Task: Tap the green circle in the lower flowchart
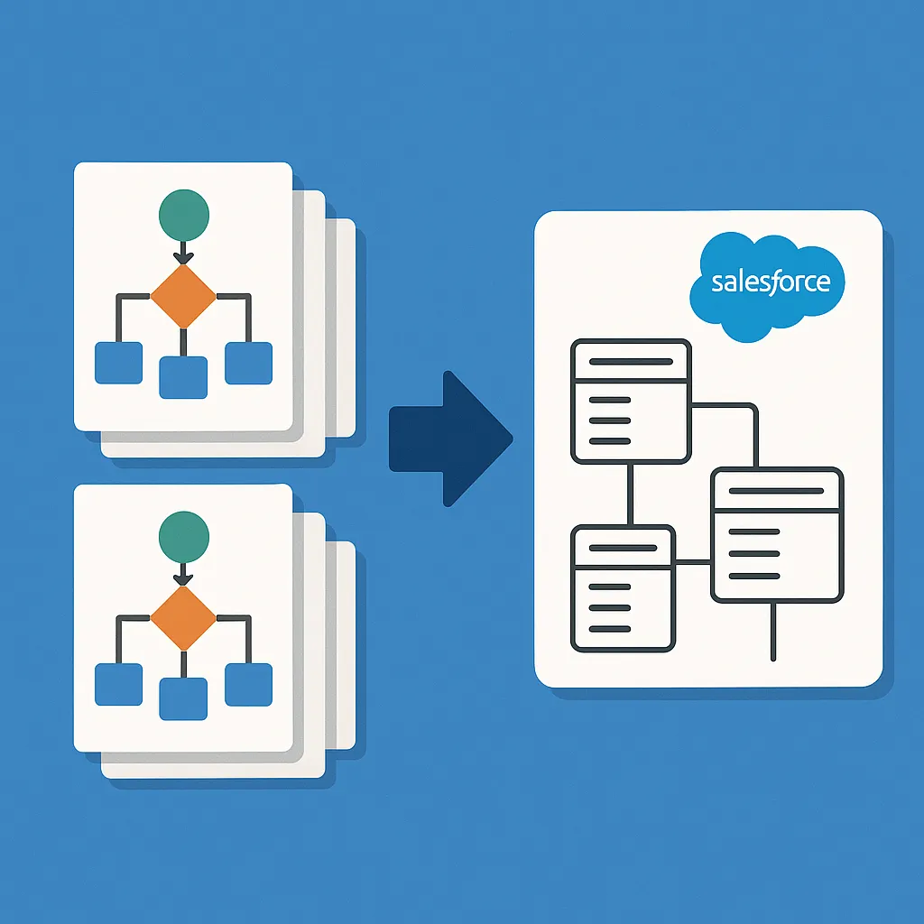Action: tap(183, 536)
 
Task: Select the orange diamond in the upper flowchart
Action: tap(183, 296)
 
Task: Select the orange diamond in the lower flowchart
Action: tap(183, 617)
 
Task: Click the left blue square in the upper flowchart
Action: tap(119, 363)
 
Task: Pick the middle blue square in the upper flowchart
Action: tap(183, 377)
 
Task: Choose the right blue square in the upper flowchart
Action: tap(248, 363)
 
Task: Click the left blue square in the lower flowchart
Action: tap(119, 684)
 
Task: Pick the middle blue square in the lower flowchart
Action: tap(183, 698)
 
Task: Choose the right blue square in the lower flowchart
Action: tap(248, 684)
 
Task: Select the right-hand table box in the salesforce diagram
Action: tap(777, 535)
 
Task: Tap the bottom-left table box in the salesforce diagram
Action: tap(624, 588)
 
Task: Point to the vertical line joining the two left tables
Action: tap(631, 494)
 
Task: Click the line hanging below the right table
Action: tap(773, 632)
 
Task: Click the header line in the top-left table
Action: tap(630, 361)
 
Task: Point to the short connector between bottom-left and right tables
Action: tap(693, 562)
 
